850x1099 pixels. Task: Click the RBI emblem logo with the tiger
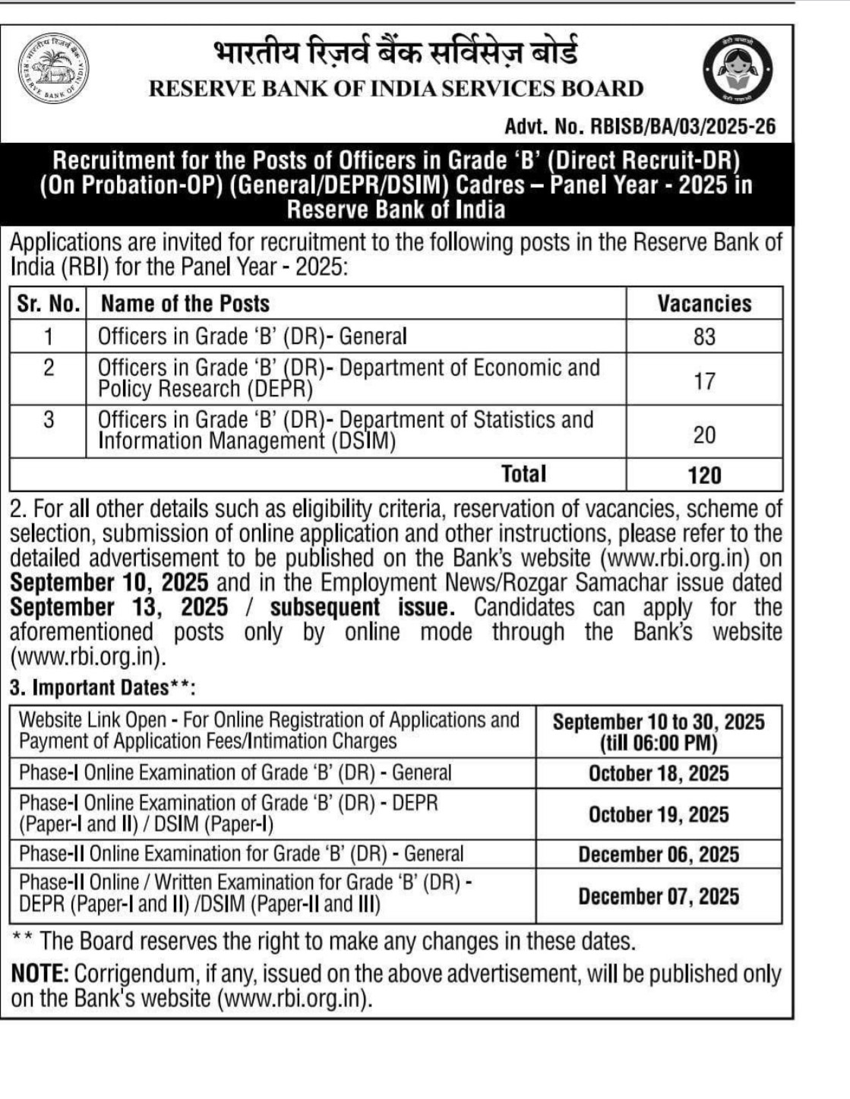point(53,69)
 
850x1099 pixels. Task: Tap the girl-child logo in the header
point(736,71)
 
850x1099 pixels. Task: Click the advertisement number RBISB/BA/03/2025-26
point(640,126)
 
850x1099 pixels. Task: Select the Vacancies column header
point(704,303)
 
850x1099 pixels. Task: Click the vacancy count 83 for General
point(704,336)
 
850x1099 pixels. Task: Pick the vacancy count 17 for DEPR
point(704,380)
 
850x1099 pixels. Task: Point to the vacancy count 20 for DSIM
point(704,434)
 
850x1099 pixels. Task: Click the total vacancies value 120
point(704,475)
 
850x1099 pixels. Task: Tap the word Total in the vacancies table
point(523,474)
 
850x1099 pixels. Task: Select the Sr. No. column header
point(49,304)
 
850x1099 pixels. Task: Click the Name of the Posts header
point(185,304)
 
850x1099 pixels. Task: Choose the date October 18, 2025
point(659,774)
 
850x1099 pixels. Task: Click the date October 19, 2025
point(659,815)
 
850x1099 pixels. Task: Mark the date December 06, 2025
point(659,854)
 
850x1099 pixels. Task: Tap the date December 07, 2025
point(659,896)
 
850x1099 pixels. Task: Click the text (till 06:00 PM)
point(659,743)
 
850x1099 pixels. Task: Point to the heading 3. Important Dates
point(103,688)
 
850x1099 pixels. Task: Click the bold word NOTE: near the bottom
point(40,974)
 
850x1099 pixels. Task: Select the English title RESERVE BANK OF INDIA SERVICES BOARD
point(396,89)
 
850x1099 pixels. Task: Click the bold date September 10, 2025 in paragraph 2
point(109,583)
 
